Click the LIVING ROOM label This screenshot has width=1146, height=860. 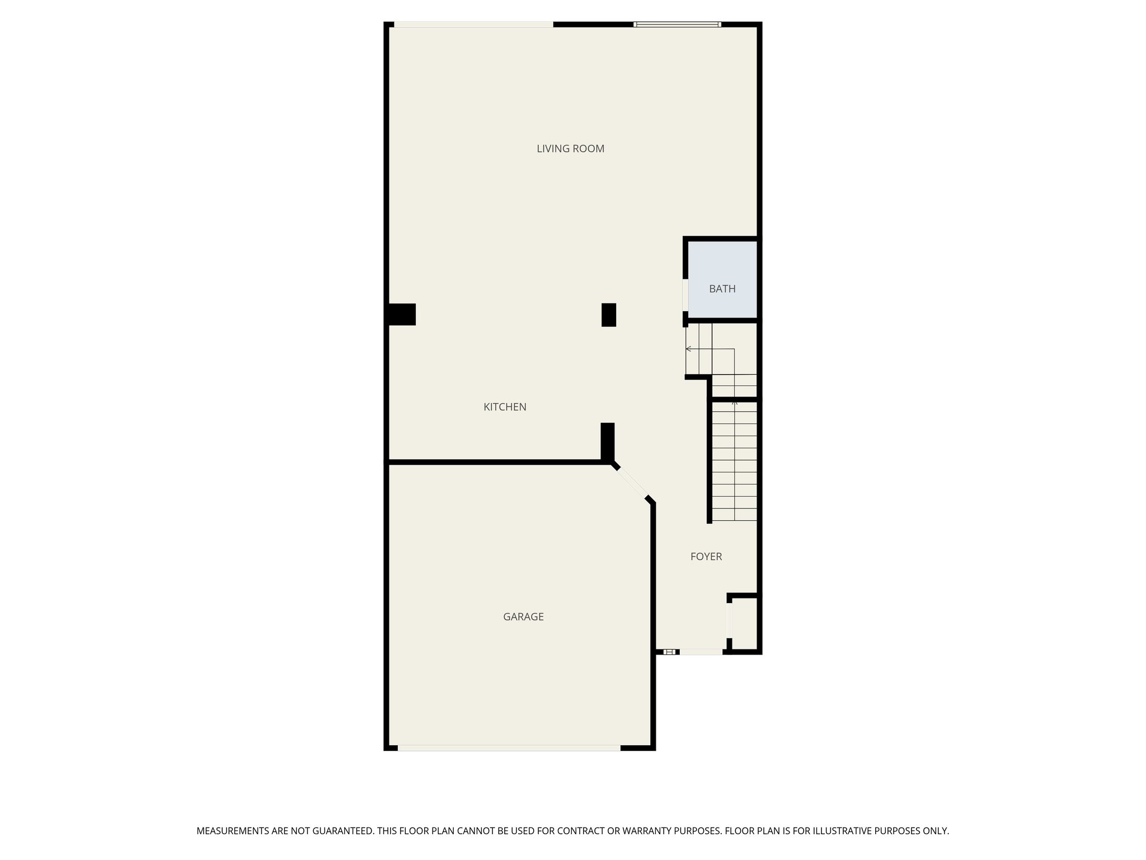click(570, 149)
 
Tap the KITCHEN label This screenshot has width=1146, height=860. click(505, 407)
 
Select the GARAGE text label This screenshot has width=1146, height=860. click(523, 616)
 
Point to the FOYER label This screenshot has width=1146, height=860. click(706, 557)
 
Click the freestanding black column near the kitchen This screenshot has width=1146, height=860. click(608, 315)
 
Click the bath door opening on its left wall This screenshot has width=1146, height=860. click(685, 295)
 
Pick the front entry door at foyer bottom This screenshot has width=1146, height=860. click(701, 652)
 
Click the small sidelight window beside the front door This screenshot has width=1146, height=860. click(669, 652)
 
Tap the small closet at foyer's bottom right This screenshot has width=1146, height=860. click(744, 624)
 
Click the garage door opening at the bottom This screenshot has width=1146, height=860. click(509, 748)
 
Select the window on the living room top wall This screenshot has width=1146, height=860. click(677, 24)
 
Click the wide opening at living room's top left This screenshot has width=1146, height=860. click(473, 24)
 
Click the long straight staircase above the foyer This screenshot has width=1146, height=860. click(734, 461)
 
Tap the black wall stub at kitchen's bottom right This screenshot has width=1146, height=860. click(608, 441)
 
